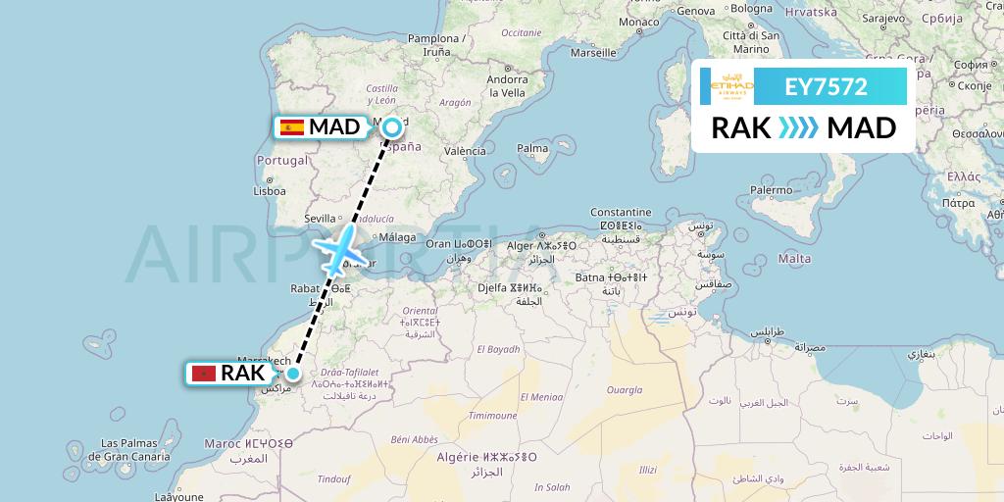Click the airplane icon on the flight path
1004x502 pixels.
point(338,251)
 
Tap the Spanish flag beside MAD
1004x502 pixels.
point(291,126)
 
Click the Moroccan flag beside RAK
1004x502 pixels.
point(203,373)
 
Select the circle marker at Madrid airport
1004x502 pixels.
point(392,125)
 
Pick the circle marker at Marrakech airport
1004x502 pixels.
point(292,373)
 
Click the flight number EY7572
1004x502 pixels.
point(826,86)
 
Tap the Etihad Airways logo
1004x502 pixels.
point(730,86)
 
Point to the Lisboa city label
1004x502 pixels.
point(269,191)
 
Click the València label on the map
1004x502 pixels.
point(465,151)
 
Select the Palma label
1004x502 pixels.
point(532,149)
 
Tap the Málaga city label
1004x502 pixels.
point(397,237)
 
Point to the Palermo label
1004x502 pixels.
point(771,189)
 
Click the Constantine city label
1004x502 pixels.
point(620,212)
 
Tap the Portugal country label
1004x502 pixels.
point(281,160)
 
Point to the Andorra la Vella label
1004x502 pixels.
point(508,86)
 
